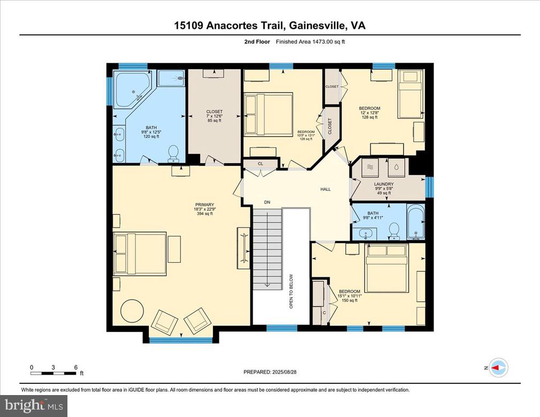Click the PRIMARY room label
click(204, 204)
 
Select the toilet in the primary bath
click(173, 153)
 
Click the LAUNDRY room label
click(384, 184)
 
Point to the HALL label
click(325, 189)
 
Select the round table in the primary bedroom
click(132, 311)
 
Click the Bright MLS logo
click(33, 405)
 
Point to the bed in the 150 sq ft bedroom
click(386, 267)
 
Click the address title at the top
click(270, 25)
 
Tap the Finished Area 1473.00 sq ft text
click(310, 42)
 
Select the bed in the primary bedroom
click(140, 254)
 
